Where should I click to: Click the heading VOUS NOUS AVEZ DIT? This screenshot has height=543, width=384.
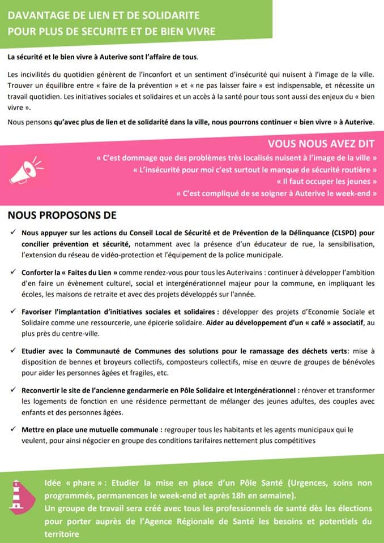tap(322, 143)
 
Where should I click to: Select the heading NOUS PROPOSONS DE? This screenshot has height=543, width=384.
tap(62, 216)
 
